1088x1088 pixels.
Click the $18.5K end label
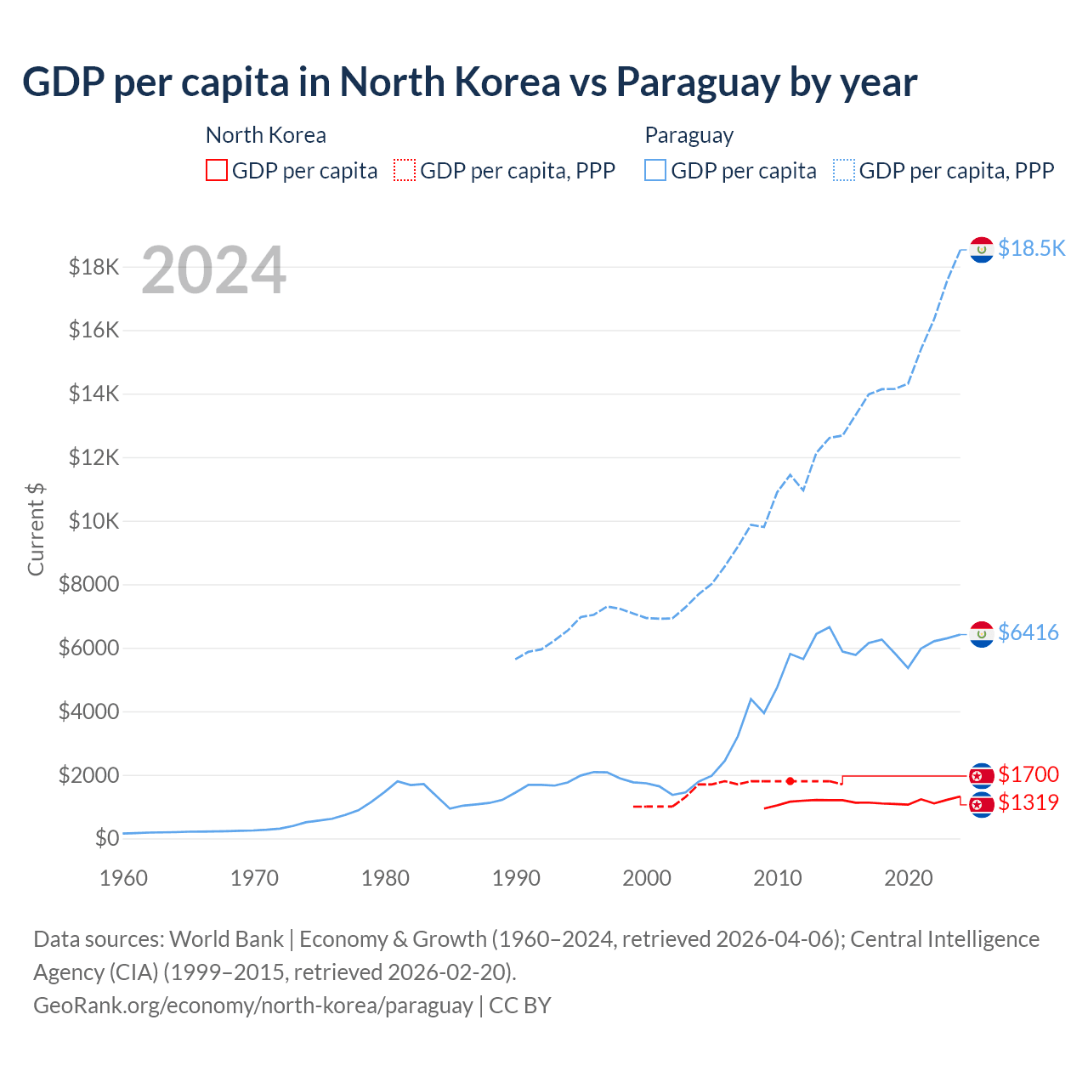click(x=1031, y=248)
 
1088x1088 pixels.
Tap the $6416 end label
click(x=1028, y=632)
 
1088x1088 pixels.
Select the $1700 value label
click(x=1028, y=774)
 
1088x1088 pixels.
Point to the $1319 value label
click(x=1028, y=802)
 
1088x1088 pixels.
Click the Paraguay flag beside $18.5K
click(x=982, y=250)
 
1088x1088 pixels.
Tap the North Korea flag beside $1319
click(x=982, y=804)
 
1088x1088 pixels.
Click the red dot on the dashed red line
click(x=790, y=781)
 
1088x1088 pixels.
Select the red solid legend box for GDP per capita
click(x=217, y=171)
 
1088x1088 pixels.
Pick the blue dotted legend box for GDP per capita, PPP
click(x=844, y=171)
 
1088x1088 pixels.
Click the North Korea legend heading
click(x=265, y=135)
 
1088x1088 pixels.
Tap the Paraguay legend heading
click(x=688, y=135)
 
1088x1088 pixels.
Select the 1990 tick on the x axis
click(x=516, y=878)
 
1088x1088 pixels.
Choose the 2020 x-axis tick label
click(x=909, y=878)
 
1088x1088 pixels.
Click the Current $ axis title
click(x=36, y=529)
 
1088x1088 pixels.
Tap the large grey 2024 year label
click(x=213, y=270)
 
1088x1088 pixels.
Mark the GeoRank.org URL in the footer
click(x=252, y=1006)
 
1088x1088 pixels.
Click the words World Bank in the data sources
click(x=226, y=939)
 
